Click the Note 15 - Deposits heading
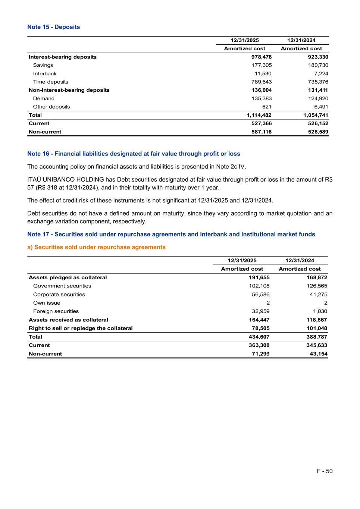pyautogui.click(x=53, y=27)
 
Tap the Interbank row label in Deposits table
pyautogui.click(x=45, y=73)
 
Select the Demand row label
pyautogui.click(x=44, y=98)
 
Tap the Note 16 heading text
pyautogui.click(x=134, y=154)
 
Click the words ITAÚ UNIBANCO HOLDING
pyautogui.click(x=66, y=179)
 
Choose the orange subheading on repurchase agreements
pyautogui.click(x=96, y=247)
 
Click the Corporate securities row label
pyautogui.click(x=59, y=295)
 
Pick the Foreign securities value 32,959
pyautogui.click(x=260, y=311)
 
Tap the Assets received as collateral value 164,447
pyautogui.click(x=259, y=320)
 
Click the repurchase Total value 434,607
pyautogui.click(x=259, y=337)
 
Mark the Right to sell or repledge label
pyautogui.click(x=81, y=328)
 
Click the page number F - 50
pyautogui.click(x=325, y=471)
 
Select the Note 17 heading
pyautogui.click(x=171, y=234)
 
